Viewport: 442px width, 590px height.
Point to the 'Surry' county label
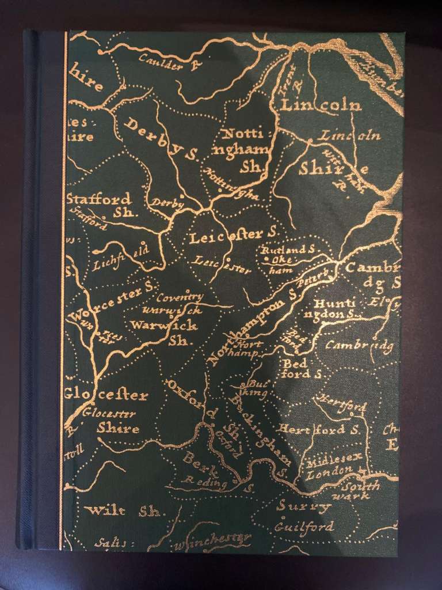coord(303,506)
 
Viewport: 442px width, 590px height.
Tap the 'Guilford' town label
coord(304,527)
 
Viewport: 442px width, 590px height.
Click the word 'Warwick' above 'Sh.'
coord(164,326)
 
